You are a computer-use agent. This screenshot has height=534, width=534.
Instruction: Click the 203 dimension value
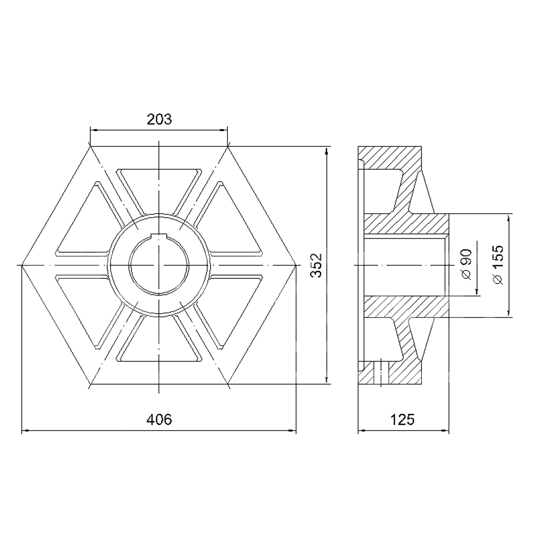click(159, 119)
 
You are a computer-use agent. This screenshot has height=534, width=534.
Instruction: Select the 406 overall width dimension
click(159, 420)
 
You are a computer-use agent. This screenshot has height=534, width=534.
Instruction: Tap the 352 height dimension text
click(317, 266)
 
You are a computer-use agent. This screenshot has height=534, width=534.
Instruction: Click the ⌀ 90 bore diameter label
click(467, 265)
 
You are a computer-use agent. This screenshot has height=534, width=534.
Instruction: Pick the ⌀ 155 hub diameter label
click(497, 265)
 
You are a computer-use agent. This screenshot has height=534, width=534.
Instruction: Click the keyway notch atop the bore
click(159, 237)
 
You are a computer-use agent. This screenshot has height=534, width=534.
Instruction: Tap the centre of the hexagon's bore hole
click(159, 266)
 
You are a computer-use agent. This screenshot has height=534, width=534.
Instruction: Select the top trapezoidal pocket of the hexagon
click(159, 191)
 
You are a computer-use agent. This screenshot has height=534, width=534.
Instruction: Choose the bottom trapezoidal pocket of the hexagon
click(159, 340)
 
